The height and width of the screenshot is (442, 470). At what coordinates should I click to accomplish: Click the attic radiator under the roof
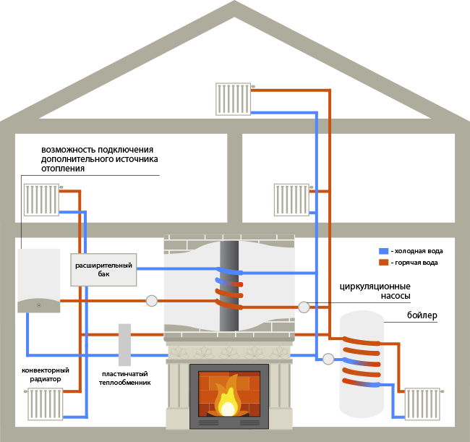[234, 99]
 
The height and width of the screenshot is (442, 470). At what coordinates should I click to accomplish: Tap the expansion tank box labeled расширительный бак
[103, 270]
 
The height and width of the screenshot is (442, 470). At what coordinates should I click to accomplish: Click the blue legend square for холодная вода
[384, 251]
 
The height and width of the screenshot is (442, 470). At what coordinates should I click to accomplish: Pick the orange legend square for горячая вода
[384, 263]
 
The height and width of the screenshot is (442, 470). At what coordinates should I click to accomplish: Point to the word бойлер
[422, 315]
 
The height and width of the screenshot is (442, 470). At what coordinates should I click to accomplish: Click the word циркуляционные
[375, 286]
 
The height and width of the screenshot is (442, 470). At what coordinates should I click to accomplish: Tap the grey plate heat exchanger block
[124, 345]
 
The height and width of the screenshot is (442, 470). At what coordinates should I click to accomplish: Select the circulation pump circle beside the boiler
[328, 359]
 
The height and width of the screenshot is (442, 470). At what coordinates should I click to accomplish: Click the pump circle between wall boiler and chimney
[152, 301]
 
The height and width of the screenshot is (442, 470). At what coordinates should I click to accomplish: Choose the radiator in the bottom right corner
[422, 404]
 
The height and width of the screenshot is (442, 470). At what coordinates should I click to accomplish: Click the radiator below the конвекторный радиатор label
[46, 404]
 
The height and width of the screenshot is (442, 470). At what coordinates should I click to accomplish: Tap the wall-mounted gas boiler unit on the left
[39, 281]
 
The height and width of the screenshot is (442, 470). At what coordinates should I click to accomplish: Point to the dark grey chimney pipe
[229, 286]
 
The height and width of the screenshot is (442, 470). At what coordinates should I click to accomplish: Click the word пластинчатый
[125, 374]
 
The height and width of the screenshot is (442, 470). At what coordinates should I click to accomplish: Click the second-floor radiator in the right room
[291, 200]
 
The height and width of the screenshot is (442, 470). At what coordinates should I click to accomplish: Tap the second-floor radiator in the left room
[41, 200]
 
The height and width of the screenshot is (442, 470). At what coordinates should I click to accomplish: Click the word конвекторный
[46, 370]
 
